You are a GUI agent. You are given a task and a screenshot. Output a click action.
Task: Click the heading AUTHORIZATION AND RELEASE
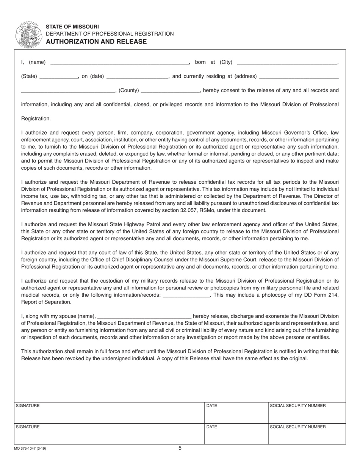(96, 42)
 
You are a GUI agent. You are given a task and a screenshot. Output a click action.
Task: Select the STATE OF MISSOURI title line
(72, 27)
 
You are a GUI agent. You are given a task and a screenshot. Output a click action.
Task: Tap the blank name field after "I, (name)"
(119, 63)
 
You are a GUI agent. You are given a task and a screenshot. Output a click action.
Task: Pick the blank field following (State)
(58, 77)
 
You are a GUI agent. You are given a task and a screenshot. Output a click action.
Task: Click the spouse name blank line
(144, 316)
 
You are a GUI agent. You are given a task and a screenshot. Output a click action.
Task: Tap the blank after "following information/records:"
(186, 296)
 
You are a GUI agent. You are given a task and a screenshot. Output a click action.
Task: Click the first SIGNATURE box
(109, 413)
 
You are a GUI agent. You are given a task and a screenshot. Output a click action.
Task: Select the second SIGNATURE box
(109, 434)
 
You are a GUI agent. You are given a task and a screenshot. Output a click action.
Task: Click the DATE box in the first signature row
(236, 413)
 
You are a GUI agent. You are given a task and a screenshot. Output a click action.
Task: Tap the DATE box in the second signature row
(236, 434)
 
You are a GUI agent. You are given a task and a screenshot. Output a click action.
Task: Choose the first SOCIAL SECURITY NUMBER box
(307, 413)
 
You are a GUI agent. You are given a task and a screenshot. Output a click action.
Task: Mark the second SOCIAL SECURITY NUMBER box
(307, 434)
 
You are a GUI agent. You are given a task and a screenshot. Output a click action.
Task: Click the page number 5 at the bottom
(180, 448)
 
